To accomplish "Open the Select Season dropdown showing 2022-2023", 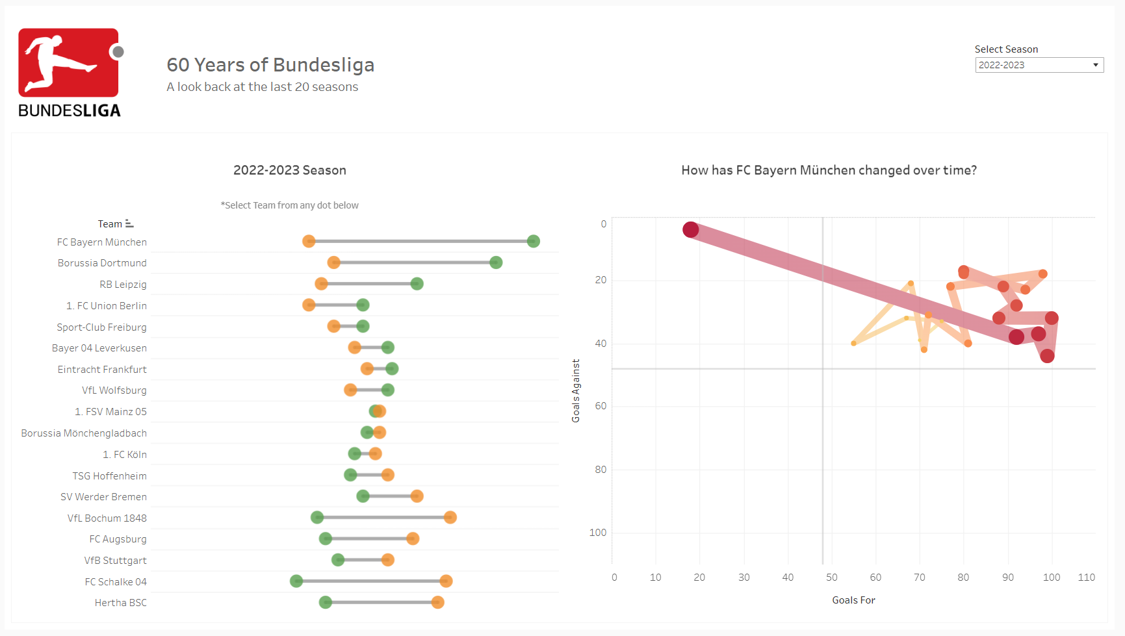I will pos(1039,65).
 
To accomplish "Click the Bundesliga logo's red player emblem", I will pos(68,62).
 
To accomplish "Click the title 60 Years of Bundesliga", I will pos(270,65).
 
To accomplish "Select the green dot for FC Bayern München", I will pos(533,242).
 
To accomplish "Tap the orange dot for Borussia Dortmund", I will pos(334,262).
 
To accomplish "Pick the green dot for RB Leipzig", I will pos(417,284).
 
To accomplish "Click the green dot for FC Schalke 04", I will pos(296,581).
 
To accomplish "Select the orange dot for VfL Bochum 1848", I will pos(450,518).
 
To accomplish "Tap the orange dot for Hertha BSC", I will pos(437,602).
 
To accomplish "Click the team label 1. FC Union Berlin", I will pos(107,306).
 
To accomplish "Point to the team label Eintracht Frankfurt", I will pos(102,370).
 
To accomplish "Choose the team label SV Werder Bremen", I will pos(103,497).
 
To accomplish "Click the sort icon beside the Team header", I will pos(129,223).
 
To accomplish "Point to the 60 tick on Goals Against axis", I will pos(601,406).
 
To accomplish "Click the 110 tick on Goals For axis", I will pos(1086,578).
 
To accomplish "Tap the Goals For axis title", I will pos(853,600).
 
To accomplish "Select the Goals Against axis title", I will pos(576,391).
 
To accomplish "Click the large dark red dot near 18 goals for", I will pos(690,229).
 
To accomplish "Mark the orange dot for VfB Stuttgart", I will pos(387,560).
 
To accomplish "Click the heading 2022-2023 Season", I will pos(290,170).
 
